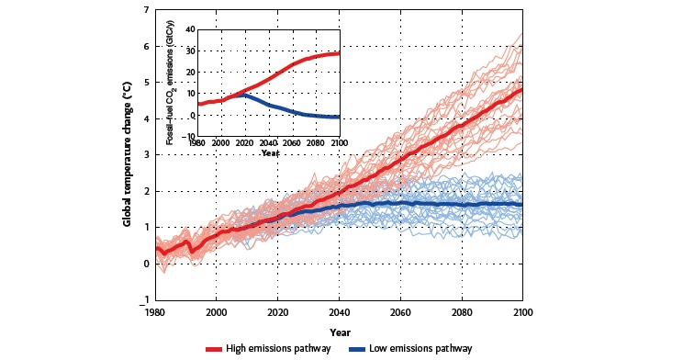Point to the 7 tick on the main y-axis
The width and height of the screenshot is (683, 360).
click(147, 10)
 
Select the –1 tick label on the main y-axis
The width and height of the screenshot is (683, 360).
click(144, 300)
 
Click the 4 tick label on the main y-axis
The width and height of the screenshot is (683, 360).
click(147, 118)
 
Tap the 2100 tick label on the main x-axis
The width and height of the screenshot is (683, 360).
click(522, 311)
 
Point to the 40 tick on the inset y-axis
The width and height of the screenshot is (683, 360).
click(190, 29)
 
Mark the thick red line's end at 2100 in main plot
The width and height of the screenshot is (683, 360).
click(522, 89)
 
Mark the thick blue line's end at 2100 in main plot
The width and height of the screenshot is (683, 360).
click(522, 204)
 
